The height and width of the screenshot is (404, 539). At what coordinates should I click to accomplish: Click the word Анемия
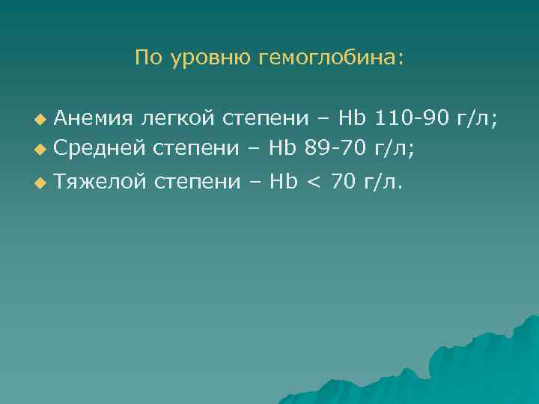point(94,118)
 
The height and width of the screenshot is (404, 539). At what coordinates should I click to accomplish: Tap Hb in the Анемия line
point(352,118)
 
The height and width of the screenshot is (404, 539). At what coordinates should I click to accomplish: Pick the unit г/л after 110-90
point(480,119)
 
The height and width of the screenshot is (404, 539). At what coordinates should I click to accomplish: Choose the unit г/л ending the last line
point(382,181)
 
